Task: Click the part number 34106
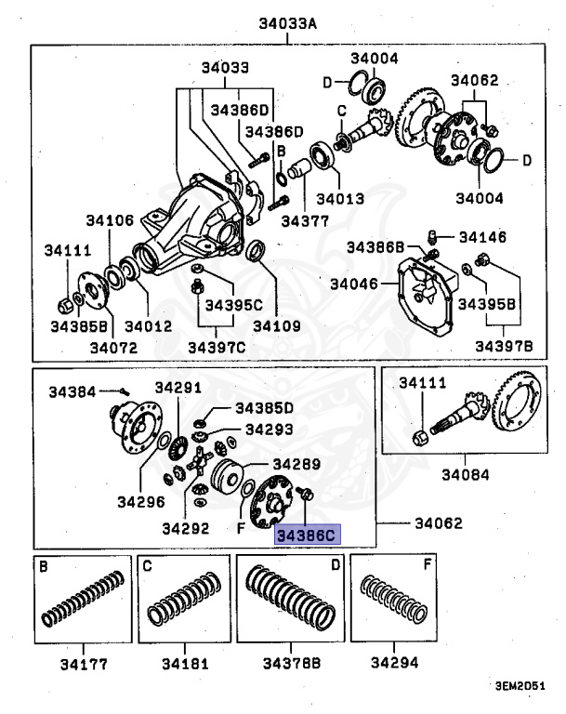pyautogui.click(x=110, y=220)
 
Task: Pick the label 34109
pyautogui.click(x=276, y=326)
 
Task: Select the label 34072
pyautogui.click(x=112, y=347)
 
